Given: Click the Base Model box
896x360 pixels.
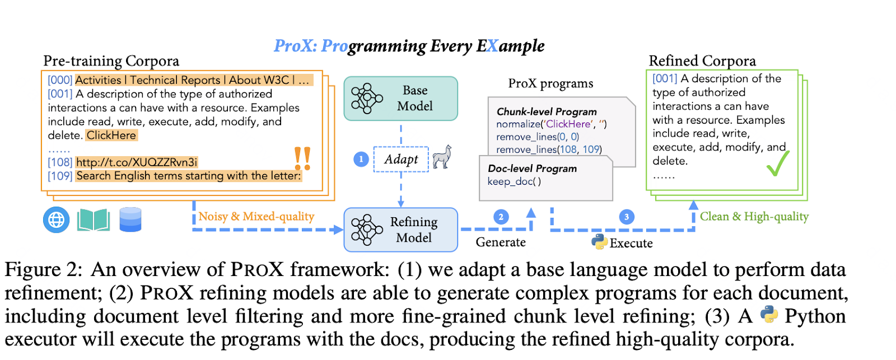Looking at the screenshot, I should pyautogui.click(x=400, y=99).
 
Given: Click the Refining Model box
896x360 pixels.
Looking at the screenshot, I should pyautogui.click(x=400, y=230).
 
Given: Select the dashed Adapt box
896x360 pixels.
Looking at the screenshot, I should pyautogui.click(x=401, y=159).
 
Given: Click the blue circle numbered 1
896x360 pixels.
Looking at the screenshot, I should pyautogui.click(x=361, y=160).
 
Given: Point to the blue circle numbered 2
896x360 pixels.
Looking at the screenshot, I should pyautogui.click(x=501, y=217).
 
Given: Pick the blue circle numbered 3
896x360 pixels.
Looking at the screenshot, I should pyautogui.click(x=627, y=217).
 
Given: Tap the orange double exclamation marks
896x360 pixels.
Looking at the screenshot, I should pyautogui.click(x=302, y=159).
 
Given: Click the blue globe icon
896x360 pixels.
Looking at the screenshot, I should pyautogui.click(x=57, y=220).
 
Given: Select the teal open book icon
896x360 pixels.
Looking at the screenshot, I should pyautogui.click(x=94, y=220).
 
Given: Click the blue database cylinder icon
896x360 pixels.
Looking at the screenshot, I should pyautogui.click(x=130, y=219).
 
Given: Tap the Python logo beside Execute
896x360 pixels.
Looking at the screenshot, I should pyautogui.click(x=599, y=242).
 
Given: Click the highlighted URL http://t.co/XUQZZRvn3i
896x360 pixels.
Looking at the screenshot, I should pyautogui.click(x=137, y=162).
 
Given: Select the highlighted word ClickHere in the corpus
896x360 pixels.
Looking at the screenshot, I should pyautogui.click(x=111, y=135).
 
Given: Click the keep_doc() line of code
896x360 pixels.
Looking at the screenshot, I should pyautogui.click(x=514, y=181).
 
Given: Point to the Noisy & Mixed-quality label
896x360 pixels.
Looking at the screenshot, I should pyautogui.click(x=256, y=217).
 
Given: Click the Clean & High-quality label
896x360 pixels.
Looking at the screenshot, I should pyautogui.click(x=754, y=217).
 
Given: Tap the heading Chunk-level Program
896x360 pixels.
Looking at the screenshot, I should pyautogui.click(x=547, y=111).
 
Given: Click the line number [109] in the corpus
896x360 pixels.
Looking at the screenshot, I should pyautogui.click(x=60, y=176).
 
